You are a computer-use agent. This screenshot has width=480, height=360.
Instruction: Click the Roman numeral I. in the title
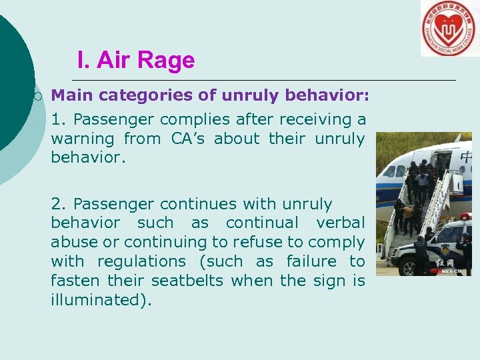83,61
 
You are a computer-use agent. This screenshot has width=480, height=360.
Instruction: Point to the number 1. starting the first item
59,119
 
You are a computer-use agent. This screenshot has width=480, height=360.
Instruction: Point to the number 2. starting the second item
59,203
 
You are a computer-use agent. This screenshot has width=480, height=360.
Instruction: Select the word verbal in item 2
340,223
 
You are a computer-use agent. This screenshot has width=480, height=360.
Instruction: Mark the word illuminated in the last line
98,300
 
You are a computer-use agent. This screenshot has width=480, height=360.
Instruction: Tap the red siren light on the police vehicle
466,217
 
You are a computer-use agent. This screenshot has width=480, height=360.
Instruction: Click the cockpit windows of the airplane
391,171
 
